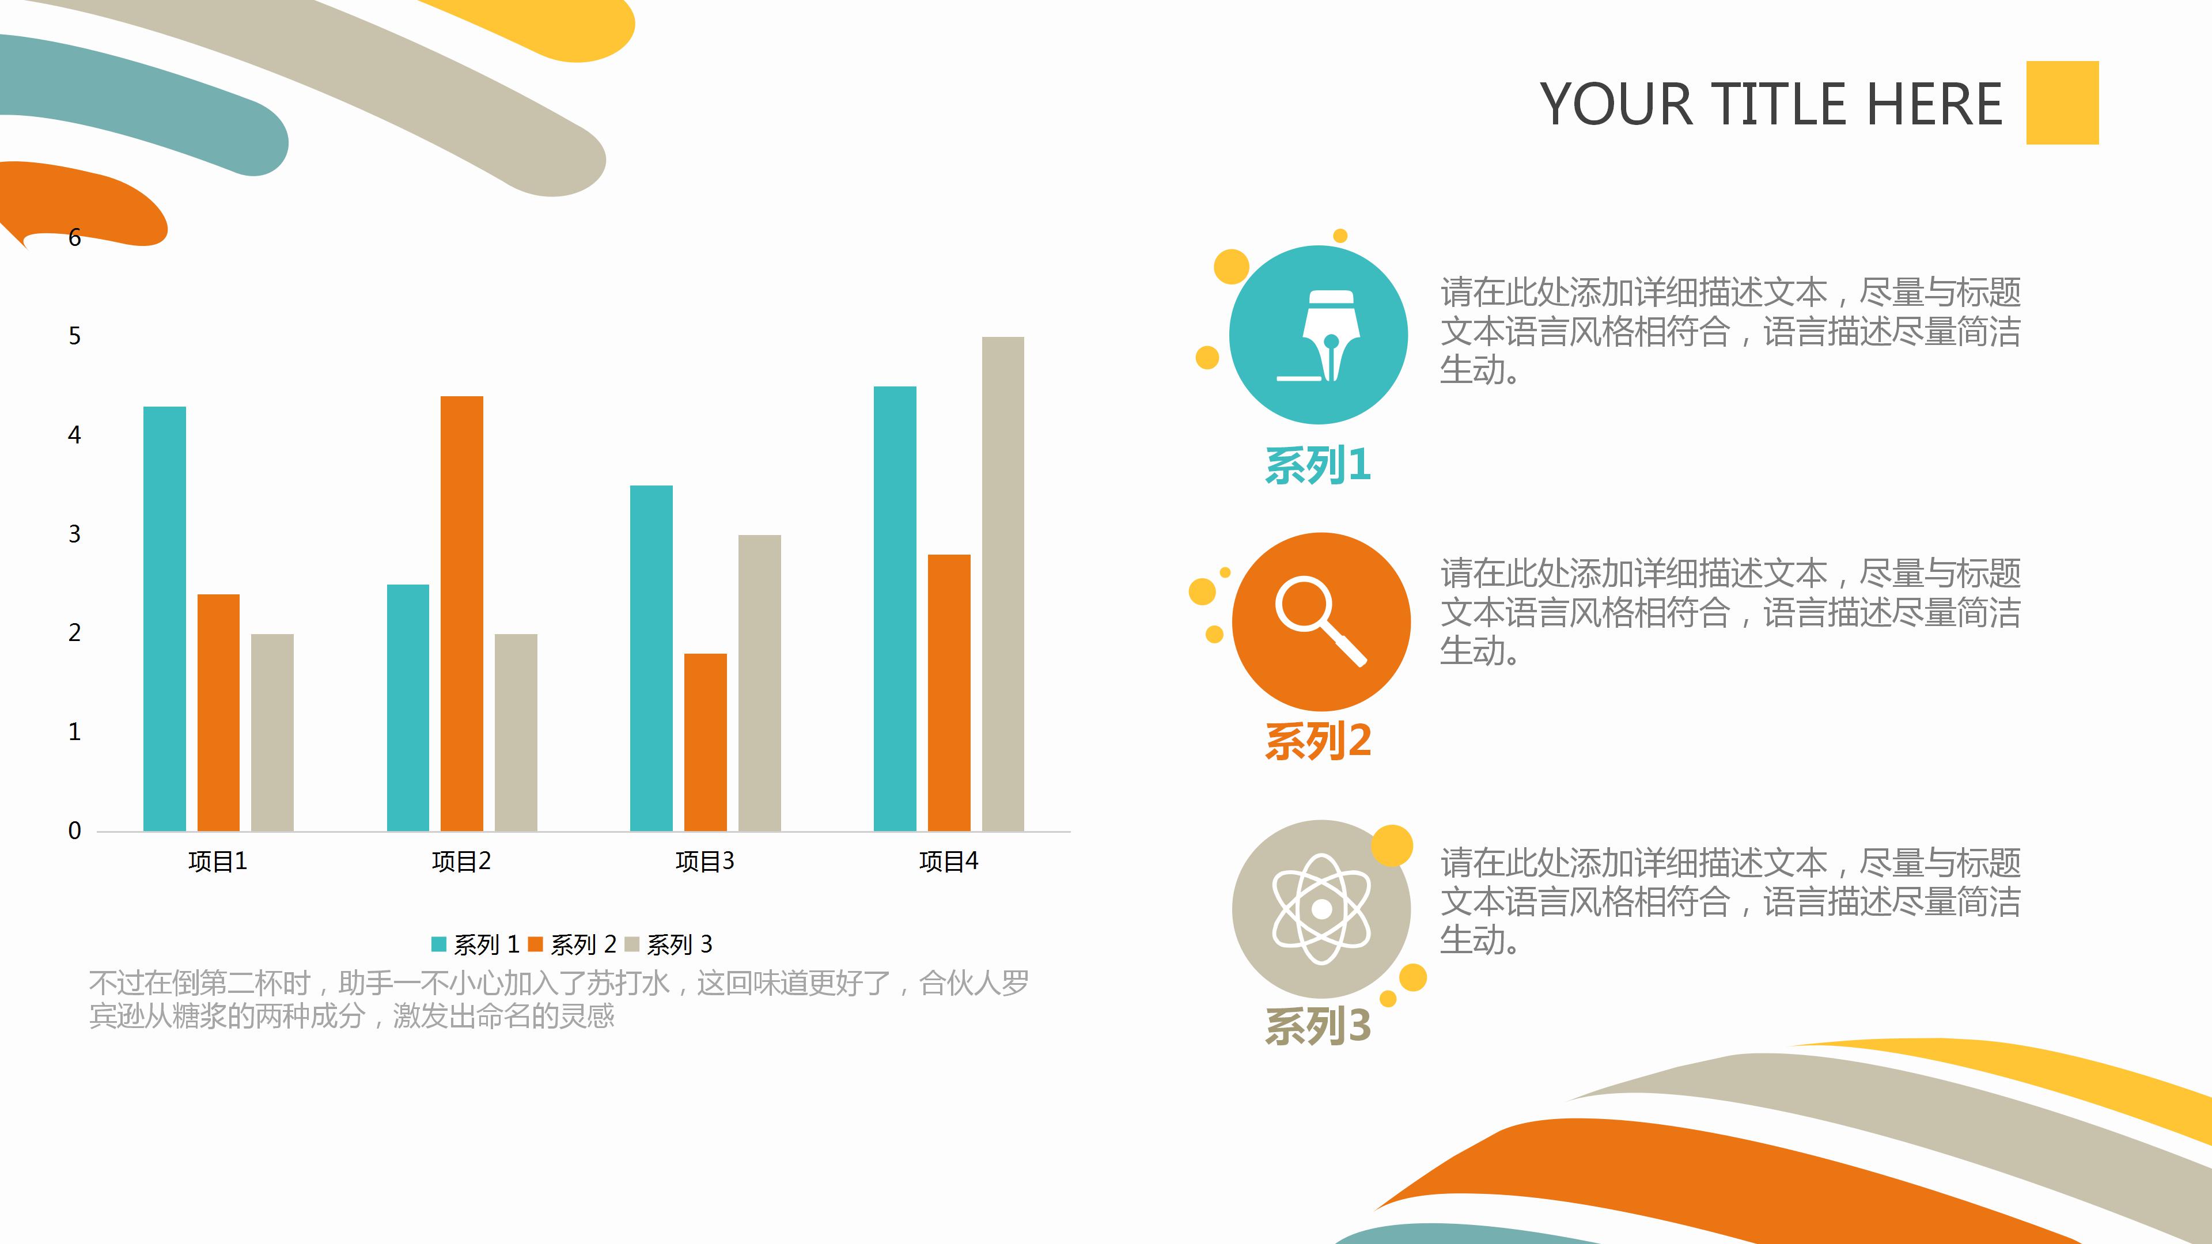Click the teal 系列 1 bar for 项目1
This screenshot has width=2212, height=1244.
[x=164, y=618]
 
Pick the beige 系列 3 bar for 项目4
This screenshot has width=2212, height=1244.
[x=1003, y=584]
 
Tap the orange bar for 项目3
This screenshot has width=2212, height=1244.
[x=705, y=742]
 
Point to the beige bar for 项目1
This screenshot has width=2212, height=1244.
[x=272, y=733]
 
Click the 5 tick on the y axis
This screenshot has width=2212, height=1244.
[x=75, y=336]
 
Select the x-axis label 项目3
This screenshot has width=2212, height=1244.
[x=705, y=861]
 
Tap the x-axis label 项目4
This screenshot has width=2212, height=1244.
[x=948, y=861]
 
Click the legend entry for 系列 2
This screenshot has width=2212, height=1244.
[x=573, y=945]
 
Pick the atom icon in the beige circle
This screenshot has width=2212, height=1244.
[x=1321, y=908]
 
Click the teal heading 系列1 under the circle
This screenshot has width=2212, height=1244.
[x=1318, y=465]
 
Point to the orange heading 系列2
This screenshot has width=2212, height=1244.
[x=1318, y=741]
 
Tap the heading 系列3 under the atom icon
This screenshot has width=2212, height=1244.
[x=1318, y=1026]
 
